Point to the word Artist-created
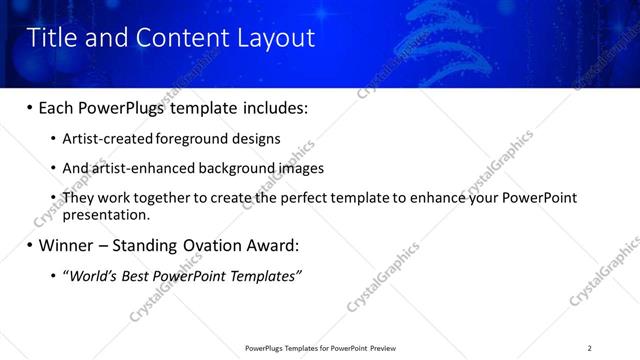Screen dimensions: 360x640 coord(104,139)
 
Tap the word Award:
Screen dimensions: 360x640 coord(277,245)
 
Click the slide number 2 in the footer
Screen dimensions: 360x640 coord(589,348)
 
